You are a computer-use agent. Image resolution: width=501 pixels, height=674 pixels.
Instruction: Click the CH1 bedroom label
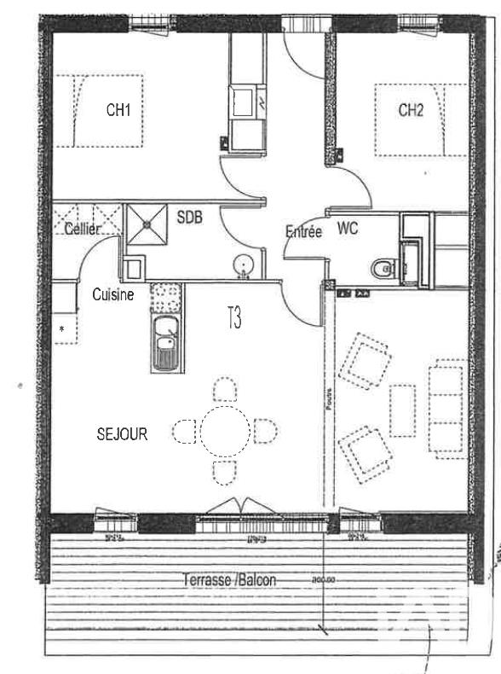pyautogui.click(x=118, y=109)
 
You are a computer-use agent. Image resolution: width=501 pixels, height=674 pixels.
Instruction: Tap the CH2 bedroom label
pyautogui.click(x=411, y=109)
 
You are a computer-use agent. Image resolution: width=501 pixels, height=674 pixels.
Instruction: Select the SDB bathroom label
pyautogui.click(x=189, y=218)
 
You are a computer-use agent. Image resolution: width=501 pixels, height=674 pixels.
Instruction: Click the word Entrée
pyautogui.click(x=303, y=231)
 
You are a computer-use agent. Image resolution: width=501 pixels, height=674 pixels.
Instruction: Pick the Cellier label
pyautogui.click(x=83, y=229)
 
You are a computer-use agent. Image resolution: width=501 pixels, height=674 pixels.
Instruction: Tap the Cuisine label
pyautogui.click(x=113, y=295)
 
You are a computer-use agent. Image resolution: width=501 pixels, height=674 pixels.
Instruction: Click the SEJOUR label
pyautogui.click(x=122, y=434)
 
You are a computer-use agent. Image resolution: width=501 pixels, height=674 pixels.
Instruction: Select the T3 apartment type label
pyautogui.click(x=233, y=319)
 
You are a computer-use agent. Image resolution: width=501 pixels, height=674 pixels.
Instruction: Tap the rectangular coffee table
pyautogui.click(x=402, y=410)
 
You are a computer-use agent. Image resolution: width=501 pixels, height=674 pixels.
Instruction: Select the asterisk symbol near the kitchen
pyautogui.click(x=61, y=328)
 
